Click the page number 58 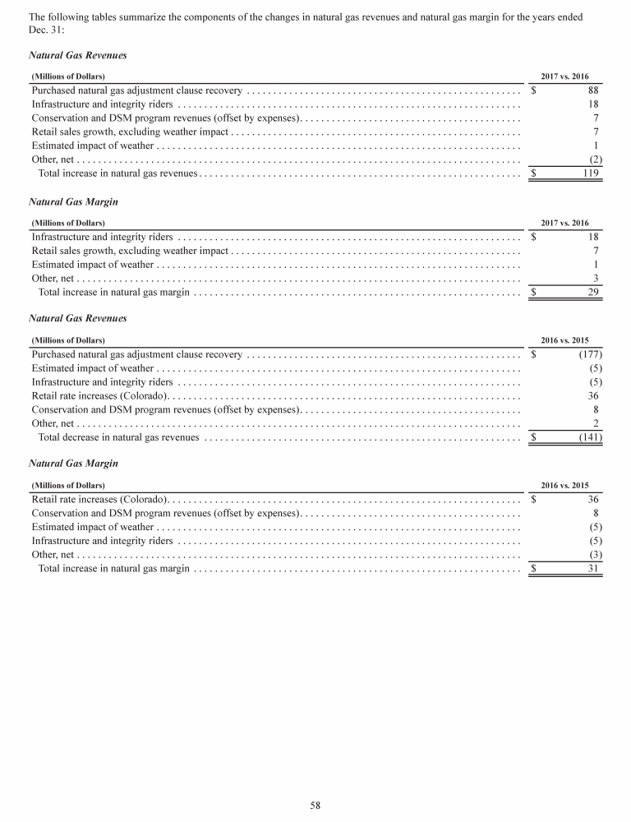[x=315, y=806]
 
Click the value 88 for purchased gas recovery [x=594, y=90]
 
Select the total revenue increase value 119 [x=590, y=173]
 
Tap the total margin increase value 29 [x=593, y=292]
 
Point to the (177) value [x=590, y=354]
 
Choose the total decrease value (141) [x=590, y=437]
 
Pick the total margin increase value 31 [x=593, y=568]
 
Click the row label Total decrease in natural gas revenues [x=118, y=437]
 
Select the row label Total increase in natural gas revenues [x=118, y=173]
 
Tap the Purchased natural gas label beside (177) [x=136, y=354]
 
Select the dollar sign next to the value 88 [x=534, y=90]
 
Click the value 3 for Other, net [x=596, y=278]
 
